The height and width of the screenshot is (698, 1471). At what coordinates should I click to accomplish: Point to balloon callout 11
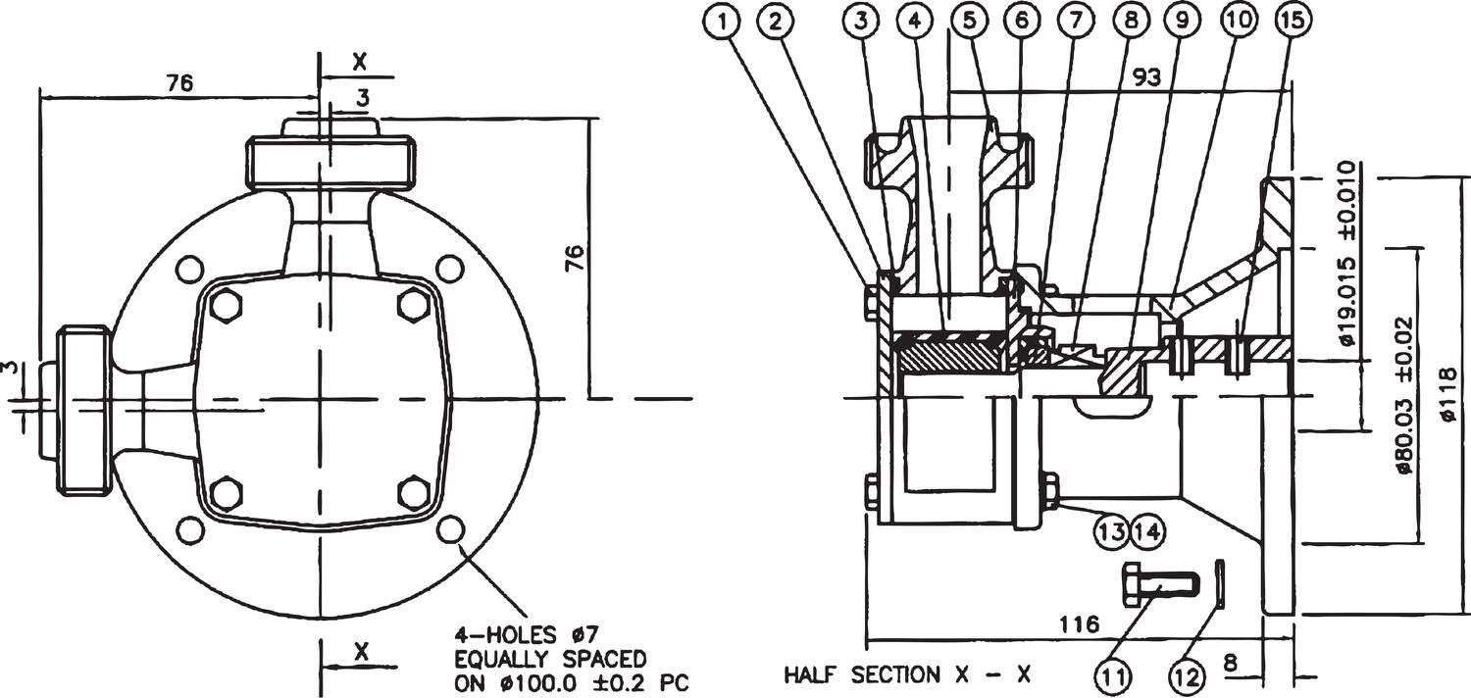pos(1115,675)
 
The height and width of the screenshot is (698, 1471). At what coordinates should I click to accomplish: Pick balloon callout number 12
pos(1189,675)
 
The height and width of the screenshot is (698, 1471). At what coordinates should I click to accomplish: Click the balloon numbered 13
pos(1112,531)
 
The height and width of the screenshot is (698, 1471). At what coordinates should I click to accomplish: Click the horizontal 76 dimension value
pos(178,84)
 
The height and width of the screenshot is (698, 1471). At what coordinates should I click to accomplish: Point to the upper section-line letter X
pos(360,61)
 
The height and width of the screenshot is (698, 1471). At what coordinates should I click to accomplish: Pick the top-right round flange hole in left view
pos(449,268)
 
